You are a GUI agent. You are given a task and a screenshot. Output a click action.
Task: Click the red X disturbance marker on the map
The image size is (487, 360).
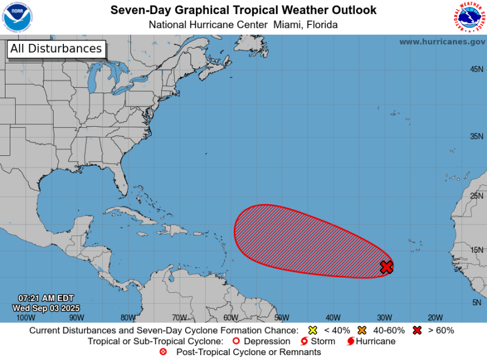pos(387,267)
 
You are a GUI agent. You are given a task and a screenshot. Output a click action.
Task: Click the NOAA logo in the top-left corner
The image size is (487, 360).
pos(18,17)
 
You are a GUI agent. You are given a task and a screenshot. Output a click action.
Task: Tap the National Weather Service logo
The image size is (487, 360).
pos(469,17)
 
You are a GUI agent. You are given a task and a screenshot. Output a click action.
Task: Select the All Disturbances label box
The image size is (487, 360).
pos(56,49)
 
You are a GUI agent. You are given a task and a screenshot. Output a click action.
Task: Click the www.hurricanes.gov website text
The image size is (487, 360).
pos(442,41)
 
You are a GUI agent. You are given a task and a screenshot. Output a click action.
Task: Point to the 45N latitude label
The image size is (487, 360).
pos(476,69)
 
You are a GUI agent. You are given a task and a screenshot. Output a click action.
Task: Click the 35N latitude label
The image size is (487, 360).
pos(476,136)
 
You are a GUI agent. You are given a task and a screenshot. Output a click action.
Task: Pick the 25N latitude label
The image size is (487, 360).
pos(476,196)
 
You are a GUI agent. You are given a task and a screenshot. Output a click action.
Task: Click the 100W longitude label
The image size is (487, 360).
pos(25,317)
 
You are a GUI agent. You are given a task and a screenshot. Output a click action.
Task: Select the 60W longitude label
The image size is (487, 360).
pos(231,317)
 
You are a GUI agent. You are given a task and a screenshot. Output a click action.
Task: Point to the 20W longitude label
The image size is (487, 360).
pos(435,317)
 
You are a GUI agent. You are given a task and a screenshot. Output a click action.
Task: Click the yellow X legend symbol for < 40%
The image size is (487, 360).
pos(313,331)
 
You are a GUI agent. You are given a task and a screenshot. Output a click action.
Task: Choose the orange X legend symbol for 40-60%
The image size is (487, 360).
pos(362,331)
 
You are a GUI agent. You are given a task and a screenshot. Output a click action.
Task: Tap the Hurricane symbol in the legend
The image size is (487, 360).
pos(351,341)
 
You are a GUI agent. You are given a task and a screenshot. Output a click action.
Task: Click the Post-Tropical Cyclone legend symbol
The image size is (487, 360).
pos(163,352)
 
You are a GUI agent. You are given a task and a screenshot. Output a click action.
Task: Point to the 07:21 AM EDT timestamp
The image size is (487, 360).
pos(46,298)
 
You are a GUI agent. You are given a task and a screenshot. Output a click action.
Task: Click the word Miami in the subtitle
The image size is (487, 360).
pos(272,24)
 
